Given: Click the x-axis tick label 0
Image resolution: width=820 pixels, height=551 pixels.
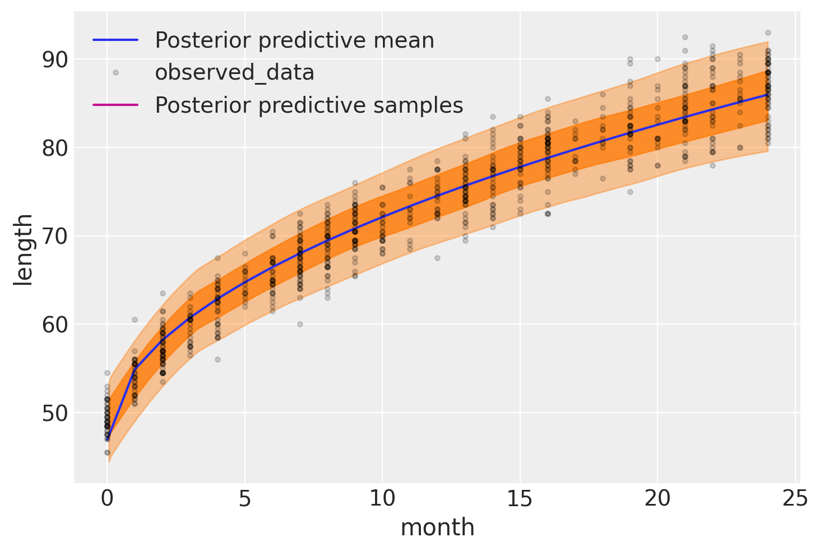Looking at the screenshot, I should [107, 499].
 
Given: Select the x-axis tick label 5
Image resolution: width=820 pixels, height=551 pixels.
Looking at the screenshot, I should [245, 499].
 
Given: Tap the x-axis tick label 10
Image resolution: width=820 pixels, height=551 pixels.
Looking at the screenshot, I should [382, 499].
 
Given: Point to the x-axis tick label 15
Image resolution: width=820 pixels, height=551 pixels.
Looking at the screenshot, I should [520, 499].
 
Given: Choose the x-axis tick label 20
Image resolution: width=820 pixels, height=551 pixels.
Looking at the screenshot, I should [657, 499].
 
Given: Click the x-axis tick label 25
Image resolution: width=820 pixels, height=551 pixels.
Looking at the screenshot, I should [795, 499].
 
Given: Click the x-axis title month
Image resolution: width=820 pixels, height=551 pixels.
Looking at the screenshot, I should [437, 528].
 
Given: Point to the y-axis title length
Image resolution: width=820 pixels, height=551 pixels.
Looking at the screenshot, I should [24, 250].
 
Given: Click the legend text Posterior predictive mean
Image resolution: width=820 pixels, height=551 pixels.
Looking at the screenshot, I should [294, 40].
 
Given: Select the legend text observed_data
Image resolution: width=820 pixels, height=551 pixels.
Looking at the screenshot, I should [234, 73].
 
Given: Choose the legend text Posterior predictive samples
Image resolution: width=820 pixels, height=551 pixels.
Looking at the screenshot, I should [309, 105].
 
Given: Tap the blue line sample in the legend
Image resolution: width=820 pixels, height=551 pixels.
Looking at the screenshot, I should [115, 40].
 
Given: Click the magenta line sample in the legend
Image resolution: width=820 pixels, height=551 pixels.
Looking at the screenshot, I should [115, 105].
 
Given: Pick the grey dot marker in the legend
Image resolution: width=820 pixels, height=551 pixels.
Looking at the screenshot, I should [115, 72].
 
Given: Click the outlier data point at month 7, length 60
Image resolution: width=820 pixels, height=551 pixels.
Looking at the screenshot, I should [300, 324].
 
